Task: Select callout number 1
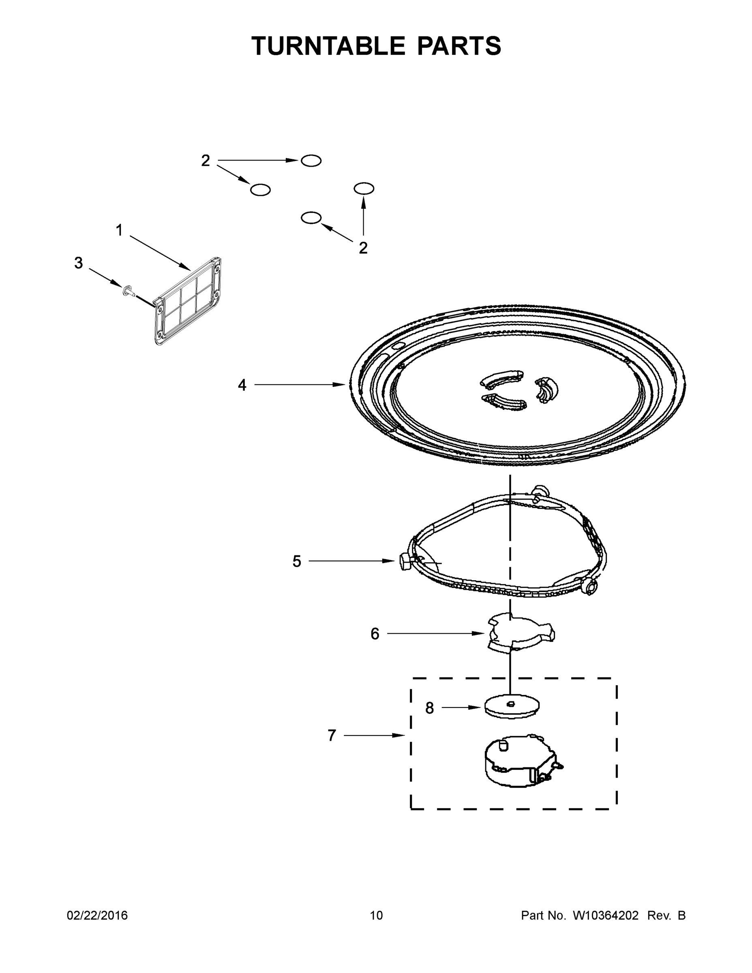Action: (x=119, y=230)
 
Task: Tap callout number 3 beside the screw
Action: (x=78, y=263)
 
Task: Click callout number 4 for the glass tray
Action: (x=242, y=385)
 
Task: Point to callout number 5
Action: (x=297, y=562)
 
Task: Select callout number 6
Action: (x=375, y=634)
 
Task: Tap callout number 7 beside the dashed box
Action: (x=332, y=735)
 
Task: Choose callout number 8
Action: (x=429, y=708)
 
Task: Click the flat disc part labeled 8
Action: (x=512, y=706)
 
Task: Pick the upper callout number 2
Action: (x=206, y=161)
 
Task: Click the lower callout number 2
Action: (x=363, y=248)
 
